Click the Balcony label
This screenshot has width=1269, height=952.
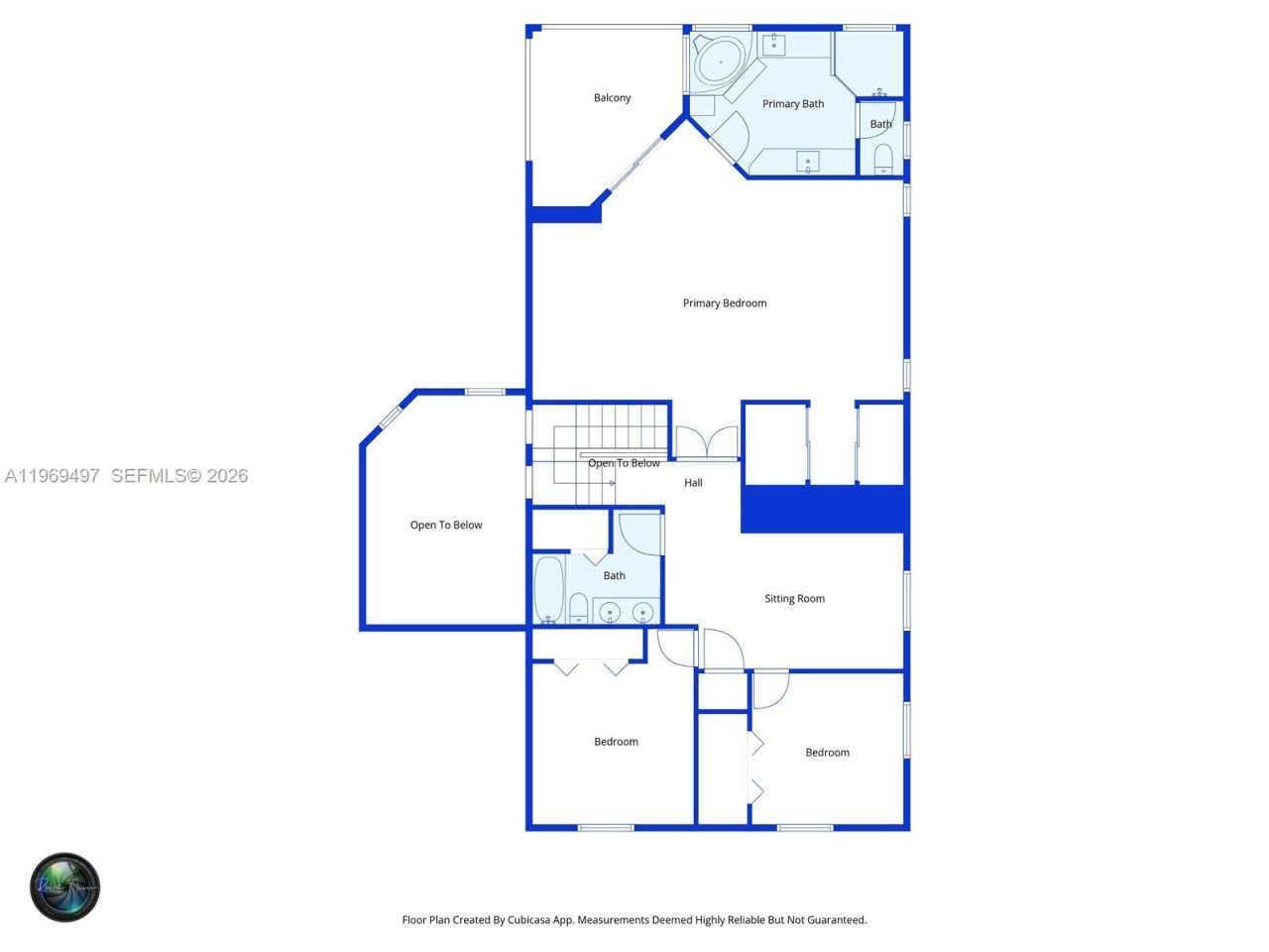[612, 97]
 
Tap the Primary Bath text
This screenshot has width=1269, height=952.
[792, 103]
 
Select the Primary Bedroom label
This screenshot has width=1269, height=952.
[724, 302]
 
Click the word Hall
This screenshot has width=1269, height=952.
[693, 482]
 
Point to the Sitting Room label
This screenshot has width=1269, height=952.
[794, 598]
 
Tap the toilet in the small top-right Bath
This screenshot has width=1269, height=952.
[882, 158]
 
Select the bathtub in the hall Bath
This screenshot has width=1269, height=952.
[548, 589]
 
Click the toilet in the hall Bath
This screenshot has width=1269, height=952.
[578, 608]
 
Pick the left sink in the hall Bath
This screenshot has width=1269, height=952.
[610, 612]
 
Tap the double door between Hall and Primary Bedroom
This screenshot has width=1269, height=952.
[707, 443]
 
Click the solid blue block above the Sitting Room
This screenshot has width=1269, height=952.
[824, 509]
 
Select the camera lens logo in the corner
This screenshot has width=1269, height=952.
[64, 887]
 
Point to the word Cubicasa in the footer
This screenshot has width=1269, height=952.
[531, 919]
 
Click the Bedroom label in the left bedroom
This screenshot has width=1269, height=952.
[616, 741]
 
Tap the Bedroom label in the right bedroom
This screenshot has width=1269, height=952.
[827, 752]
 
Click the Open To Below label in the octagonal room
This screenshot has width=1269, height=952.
[446, 525]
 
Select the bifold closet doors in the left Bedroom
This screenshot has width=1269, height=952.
[591, 667]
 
